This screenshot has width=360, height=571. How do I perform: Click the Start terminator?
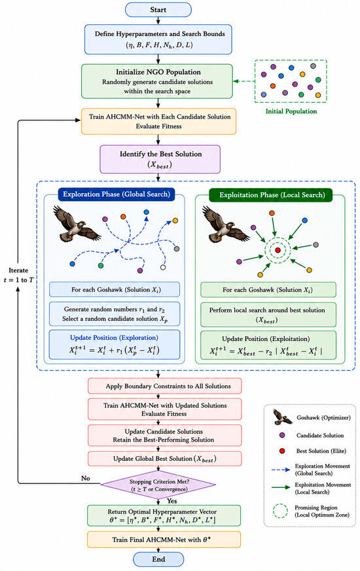[x=158, y=10]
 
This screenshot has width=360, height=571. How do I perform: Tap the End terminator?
[x=158, y=559]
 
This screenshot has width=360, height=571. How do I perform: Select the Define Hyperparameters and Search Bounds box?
[x=158, y=39]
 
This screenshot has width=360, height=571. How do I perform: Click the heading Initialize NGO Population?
[x=158, y=72]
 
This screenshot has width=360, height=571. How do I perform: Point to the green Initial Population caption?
[x=291, y=111]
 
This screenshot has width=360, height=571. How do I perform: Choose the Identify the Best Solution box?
[x=160, y=159]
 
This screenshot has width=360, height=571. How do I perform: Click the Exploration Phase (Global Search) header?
[x=117, y=194]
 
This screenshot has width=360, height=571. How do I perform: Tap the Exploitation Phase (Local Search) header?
[x=272, y=195]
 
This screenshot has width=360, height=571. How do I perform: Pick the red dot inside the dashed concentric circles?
[x=278, y=250]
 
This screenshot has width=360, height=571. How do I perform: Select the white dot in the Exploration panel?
[x=163, y=268]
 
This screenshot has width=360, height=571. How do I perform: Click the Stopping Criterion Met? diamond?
[x=158, y=485]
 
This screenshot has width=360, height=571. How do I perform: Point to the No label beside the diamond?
[x=86, y=478]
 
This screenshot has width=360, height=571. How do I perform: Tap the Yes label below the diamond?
[x=172, y=501]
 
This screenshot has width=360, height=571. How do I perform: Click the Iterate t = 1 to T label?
[x=18, y=275]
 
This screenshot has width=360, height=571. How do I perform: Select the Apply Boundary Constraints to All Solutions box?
[x=164, y=386]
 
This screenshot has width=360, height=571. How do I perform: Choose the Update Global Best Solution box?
[x=164, y=459]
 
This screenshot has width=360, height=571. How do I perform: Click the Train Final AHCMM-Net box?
[x=164, y=540]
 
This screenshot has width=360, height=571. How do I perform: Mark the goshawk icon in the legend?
[x=283, y=417]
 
